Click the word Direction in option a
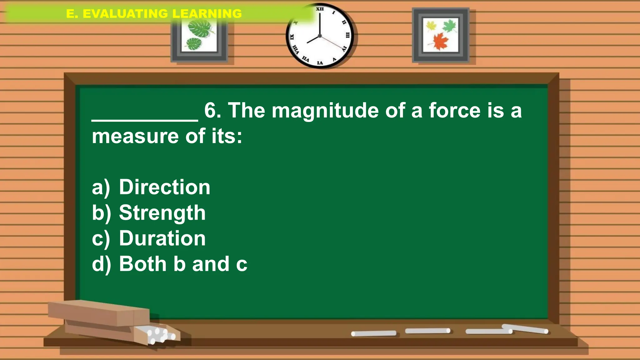point(164,187)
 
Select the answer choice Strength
point(162,213)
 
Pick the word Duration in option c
point(162,238)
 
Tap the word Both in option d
point(143,264)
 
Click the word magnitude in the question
point(325,111)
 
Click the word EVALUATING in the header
point(125,14)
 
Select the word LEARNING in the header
point(207,14)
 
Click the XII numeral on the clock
point(320,9)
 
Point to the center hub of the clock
point(320,36)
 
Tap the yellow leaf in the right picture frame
point(431,25)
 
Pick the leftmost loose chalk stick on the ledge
point(373,333)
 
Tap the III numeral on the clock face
point(347,35)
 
